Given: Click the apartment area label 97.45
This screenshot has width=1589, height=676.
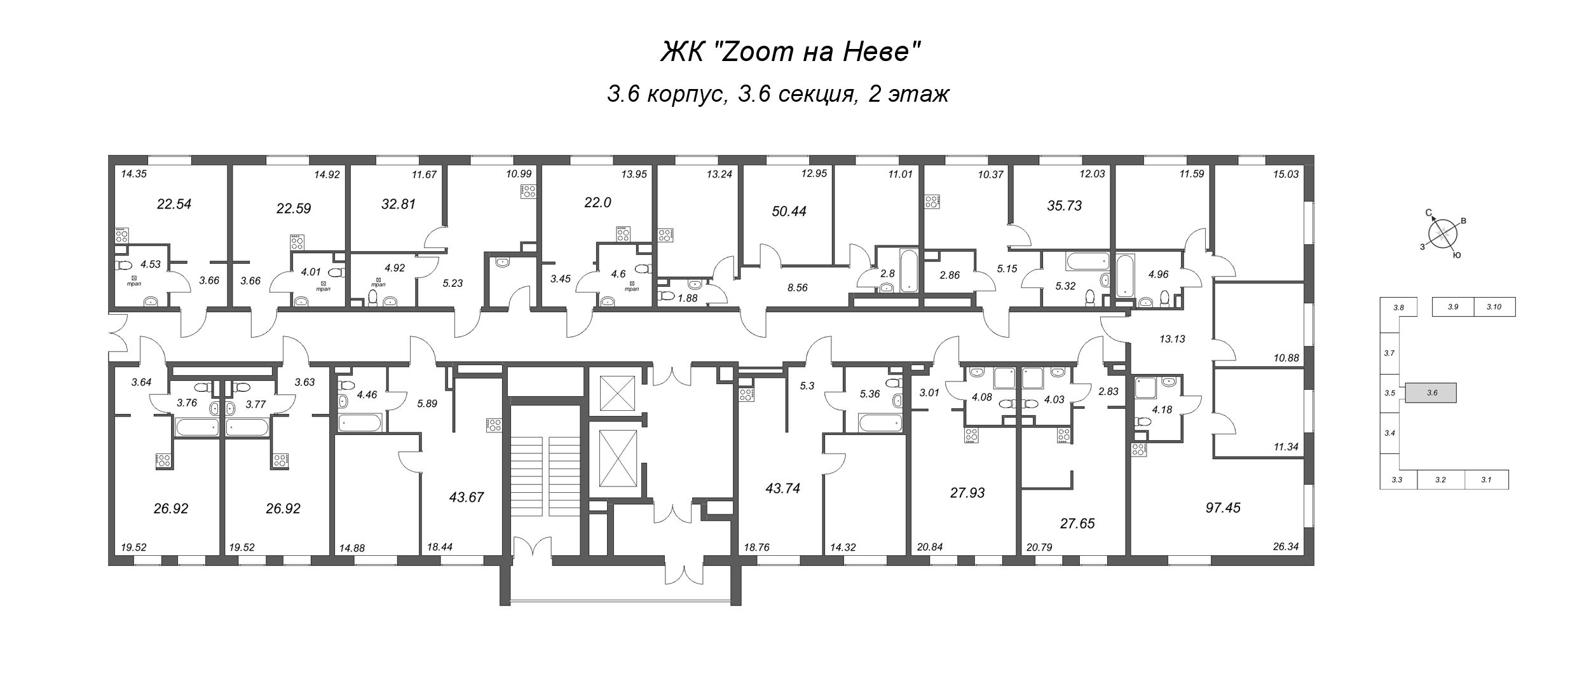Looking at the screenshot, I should pos(1223,507).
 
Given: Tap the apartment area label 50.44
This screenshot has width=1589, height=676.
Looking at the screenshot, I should pos(789,211).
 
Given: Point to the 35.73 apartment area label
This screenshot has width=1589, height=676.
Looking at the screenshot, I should pos(1064,205).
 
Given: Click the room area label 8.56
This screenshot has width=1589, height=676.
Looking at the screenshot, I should pos(797,287).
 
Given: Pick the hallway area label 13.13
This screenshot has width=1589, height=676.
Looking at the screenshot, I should pos(1172,339).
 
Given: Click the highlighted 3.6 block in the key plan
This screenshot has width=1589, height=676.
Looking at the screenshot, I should pos(1431,393).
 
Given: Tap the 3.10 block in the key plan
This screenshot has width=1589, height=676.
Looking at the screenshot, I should pos(1494,307).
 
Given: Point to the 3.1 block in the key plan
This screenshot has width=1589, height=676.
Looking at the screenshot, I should pos(1485,479).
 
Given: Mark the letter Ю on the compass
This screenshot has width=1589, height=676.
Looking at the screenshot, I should pos(1457,256).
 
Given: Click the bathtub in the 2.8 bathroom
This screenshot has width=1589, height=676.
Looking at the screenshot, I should pos(909,270).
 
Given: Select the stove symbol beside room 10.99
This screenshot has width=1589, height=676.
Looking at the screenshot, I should pos(527,191).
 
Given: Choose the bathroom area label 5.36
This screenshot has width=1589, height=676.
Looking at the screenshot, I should pos(870,394).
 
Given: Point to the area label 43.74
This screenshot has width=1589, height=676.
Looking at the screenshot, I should pos(783,488).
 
